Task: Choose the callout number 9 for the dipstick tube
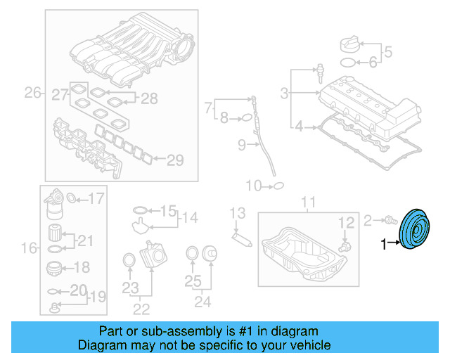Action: pos(240,146)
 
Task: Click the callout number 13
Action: pos(238,213)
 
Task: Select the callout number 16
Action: pos(28,247)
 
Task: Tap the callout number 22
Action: pos(141,307)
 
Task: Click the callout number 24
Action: pos(202,303)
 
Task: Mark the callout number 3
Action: pos(284,93)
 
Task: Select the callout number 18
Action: pos(82,267)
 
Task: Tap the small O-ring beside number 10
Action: pos(278,186)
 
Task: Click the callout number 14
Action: pos(186,218)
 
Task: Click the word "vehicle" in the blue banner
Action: pos(308,345)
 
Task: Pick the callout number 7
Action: pos(208,108)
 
